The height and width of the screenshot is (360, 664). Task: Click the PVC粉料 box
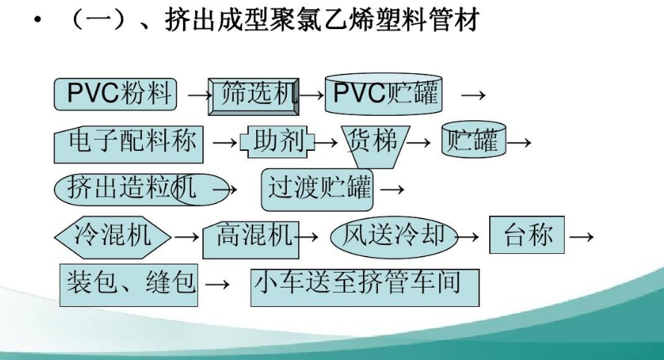click(x=116, y=93)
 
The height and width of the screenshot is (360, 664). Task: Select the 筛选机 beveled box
click(x=255, y=95)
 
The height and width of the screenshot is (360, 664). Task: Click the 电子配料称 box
click(x=128, y=143)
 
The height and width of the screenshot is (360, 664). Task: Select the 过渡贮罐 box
click(x=319, y=187)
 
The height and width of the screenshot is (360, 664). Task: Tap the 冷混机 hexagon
click(x=113, y=236)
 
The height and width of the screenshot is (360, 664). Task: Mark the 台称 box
click(x=527, y=235)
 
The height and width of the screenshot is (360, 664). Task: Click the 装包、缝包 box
click(x=128, y=283)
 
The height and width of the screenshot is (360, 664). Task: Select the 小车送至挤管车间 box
click(x=364, y=284)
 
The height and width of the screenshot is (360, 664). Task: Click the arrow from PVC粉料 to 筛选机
click(x=196, y=96)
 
